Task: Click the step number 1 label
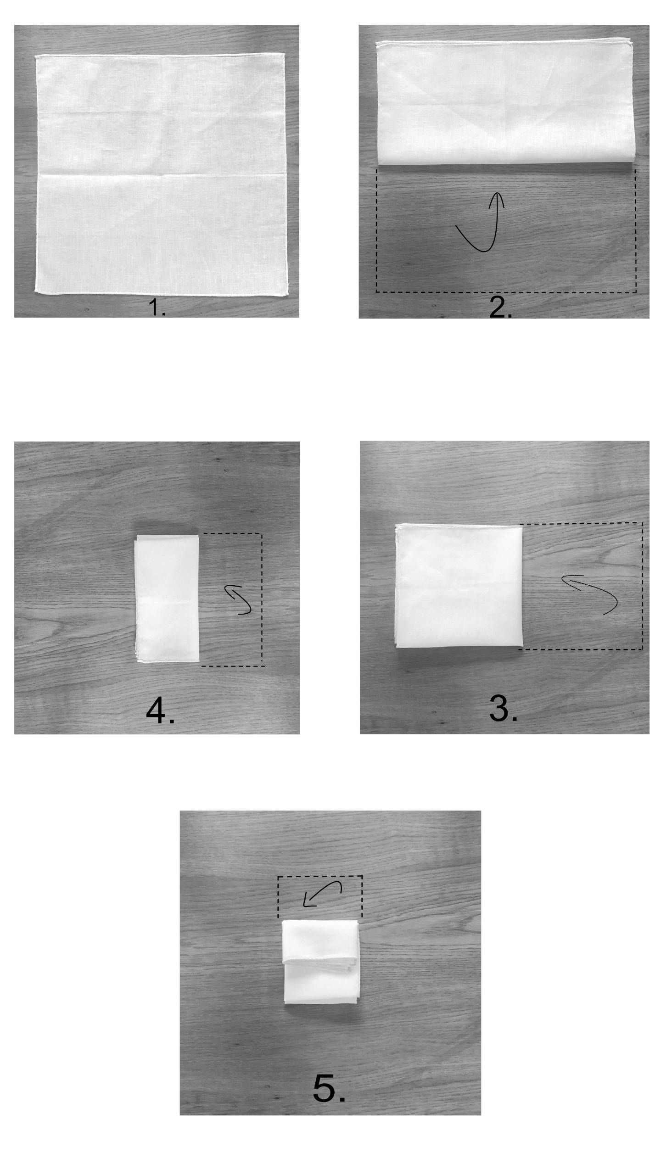click(157, 308)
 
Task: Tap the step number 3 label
click(503, 708)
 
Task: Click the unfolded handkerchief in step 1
click(161, 174)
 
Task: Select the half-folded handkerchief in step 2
click(505, 102)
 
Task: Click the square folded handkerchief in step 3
click(459, 586)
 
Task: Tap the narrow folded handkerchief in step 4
click(168, 599)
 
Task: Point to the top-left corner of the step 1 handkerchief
click(36, 56)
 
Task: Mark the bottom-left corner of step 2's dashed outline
click(376, 292)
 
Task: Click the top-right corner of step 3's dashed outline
click(642, 523)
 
